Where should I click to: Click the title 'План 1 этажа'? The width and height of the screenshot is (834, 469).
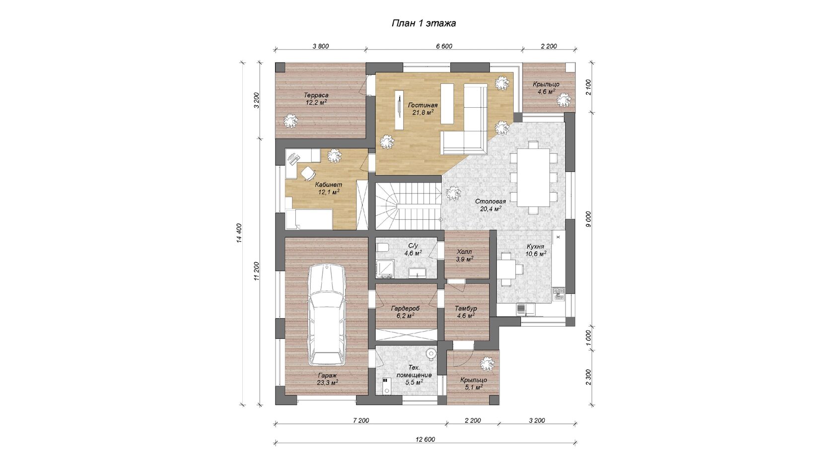424,23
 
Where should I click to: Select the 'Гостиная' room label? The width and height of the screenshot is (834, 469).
422,105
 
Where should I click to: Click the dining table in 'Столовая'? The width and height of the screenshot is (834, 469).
534,177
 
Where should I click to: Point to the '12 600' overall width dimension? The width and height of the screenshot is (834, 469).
425,439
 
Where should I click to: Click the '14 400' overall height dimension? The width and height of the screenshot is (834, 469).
239,233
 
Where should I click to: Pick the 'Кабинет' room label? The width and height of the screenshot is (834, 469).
329,185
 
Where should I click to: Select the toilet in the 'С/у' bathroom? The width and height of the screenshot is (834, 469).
382,248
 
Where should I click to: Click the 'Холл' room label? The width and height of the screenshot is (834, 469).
464,252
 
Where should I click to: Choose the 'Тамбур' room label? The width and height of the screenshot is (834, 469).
466,309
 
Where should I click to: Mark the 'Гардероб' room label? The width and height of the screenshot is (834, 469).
405,309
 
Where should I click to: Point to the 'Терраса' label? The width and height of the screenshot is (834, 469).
316,95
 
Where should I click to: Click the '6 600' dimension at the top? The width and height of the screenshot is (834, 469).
444,46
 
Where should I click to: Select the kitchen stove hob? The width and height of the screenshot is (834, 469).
558,294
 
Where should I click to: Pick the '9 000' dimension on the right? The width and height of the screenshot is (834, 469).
588,219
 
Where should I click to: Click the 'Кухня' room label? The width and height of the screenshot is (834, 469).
535,246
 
